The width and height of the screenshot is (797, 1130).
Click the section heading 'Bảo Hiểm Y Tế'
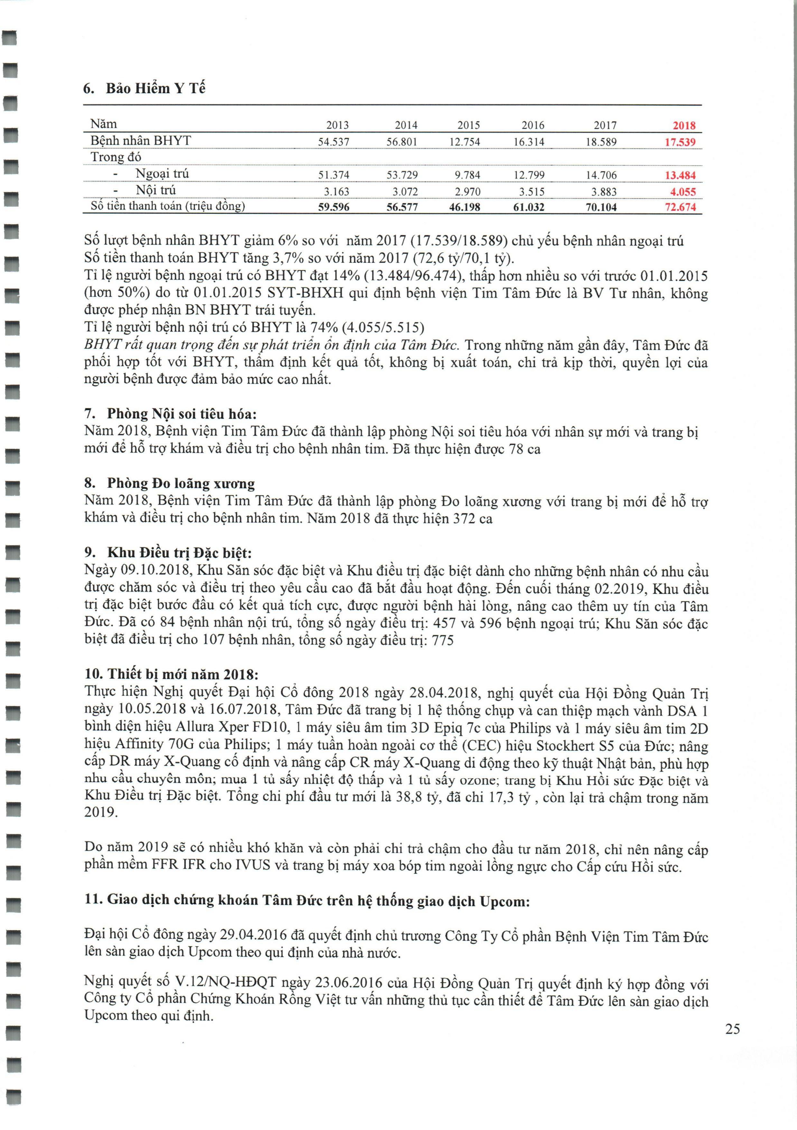[155, 89]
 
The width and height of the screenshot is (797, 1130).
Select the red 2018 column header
[684, 125]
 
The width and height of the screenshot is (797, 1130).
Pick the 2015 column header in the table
[468, 125]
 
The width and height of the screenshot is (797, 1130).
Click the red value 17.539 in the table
[680, 142]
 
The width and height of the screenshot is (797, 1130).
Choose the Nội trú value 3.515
[530, 192]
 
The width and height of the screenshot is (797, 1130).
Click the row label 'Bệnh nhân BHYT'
[141, 141]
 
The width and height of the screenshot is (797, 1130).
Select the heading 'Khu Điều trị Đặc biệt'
[179, 553]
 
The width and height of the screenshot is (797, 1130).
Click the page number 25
[732, 1029]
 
